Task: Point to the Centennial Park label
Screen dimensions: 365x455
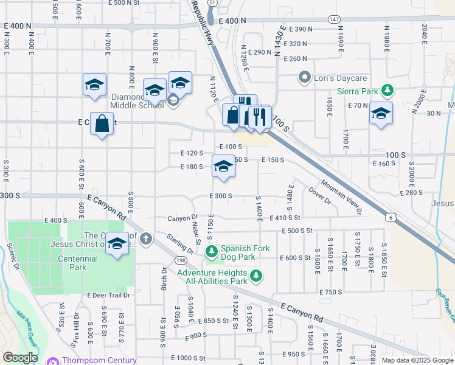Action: pos(83,263)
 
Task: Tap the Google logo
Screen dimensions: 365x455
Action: pos(21,357)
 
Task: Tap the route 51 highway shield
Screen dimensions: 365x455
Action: pos(212,3)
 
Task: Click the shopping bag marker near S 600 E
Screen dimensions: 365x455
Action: pos(102,124)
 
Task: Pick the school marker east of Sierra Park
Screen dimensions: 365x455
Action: pos(381,114)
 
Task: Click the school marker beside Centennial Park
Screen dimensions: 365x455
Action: pos(117,244)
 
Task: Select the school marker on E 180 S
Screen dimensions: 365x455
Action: pos(223,167)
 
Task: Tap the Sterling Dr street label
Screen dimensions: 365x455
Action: pos(181,242)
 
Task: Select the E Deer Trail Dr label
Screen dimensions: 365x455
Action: pos(109,295)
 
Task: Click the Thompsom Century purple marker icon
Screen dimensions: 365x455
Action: pos(52,361)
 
